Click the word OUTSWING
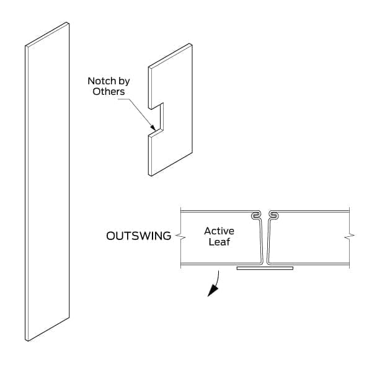pos(138,236)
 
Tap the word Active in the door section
pos(219,231)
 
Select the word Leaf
pos(219,242)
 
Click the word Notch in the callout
pos(102,81)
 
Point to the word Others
pos(108,92)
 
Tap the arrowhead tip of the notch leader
pos(156,130)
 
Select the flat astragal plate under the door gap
pos(265,268)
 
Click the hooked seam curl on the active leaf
pos(255,215)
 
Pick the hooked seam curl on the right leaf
pos(273,215)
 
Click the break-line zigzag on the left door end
pos(180,236)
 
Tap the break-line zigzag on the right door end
pos(349,236)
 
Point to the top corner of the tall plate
pos(67,22)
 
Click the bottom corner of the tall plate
pos(28,341)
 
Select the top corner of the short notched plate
pos(190,43)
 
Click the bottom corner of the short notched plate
pos(151,176)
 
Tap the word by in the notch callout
pos(124,82)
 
